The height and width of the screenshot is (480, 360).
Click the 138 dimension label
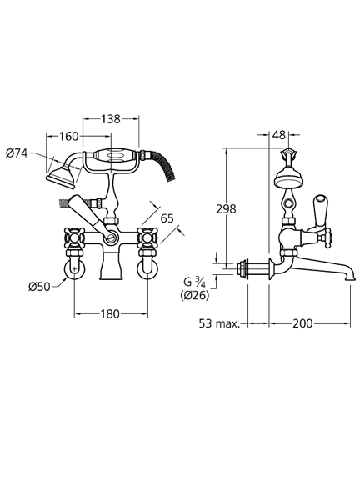[x=111, y=119]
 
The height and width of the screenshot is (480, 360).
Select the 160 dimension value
[x=68, y=136]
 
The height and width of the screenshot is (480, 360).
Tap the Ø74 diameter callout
[x=17, y=152]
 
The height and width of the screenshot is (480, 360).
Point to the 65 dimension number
[x=167, y=218]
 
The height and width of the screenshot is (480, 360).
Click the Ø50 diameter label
[x=39, y=287]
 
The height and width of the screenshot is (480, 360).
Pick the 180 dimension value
[x=110, y=314]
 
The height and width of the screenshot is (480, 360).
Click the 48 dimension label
[x=278, y=135]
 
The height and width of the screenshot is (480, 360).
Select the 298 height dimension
[x=226, y=209]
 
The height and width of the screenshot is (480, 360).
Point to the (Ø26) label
[x=195, y=295]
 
